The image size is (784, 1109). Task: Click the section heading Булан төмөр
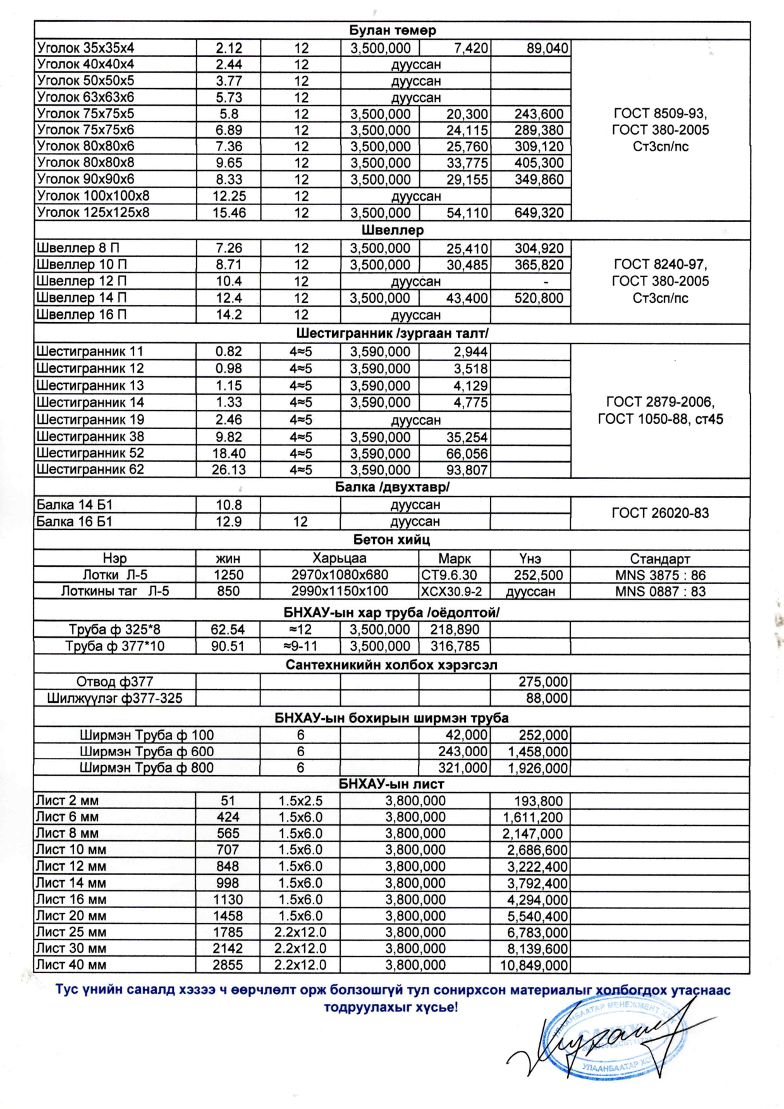point(392,30)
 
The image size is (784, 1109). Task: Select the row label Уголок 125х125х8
point(93,213)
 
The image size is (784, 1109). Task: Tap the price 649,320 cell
point(539,213)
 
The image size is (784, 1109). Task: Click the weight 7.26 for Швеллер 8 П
point(228,248)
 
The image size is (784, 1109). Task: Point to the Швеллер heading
point(392,230)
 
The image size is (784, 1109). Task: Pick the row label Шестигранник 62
point(90,469)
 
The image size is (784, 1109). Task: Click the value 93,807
point(467,470)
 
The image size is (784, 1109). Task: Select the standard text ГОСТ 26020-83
point(660,513)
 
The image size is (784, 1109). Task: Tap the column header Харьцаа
point(339,559)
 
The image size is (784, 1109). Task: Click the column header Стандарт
point(660,559)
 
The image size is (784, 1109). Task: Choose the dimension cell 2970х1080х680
point(340,575)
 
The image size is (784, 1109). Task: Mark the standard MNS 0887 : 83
point(660,592)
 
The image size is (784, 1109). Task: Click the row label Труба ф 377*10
point(114,646)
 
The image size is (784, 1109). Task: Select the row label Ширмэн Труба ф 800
point(147,768)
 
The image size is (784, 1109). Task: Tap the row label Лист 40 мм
point(71,965)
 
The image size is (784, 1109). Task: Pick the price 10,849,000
point(534,965)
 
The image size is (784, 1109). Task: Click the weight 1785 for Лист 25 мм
point(228,932)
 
